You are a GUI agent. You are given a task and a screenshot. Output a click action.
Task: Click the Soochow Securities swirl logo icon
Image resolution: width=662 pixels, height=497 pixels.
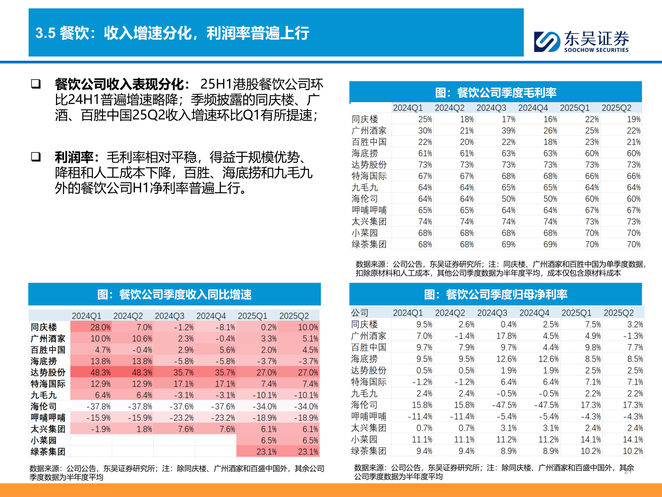547,41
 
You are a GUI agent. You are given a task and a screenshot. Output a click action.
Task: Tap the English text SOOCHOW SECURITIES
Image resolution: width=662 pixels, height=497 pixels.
596,50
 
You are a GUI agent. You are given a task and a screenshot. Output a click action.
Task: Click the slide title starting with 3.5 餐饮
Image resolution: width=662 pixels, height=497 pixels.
172,33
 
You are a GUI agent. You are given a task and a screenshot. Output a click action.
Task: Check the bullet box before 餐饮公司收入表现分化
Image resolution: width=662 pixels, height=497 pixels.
36,84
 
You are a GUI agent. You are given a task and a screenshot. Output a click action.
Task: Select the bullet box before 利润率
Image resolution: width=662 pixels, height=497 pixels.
36,157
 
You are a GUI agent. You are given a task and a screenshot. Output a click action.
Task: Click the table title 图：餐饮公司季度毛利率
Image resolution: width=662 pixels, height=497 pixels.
496,92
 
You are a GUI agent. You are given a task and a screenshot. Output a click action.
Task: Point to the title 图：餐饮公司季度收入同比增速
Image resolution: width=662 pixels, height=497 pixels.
174,295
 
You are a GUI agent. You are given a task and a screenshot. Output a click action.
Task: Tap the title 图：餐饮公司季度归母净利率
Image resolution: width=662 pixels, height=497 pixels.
496,295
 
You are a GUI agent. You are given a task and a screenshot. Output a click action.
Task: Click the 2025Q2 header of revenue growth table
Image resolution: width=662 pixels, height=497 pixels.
294,316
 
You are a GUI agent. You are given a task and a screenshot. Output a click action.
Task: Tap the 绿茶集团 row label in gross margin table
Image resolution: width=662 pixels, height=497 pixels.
369,244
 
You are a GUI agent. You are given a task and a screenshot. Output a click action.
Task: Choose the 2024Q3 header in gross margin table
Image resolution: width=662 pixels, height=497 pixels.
491,108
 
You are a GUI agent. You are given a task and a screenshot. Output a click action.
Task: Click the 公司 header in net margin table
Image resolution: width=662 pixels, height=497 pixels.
360,313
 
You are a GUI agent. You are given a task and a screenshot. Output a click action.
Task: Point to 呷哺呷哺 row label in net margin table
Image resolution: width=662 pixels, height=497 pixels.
369,416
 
